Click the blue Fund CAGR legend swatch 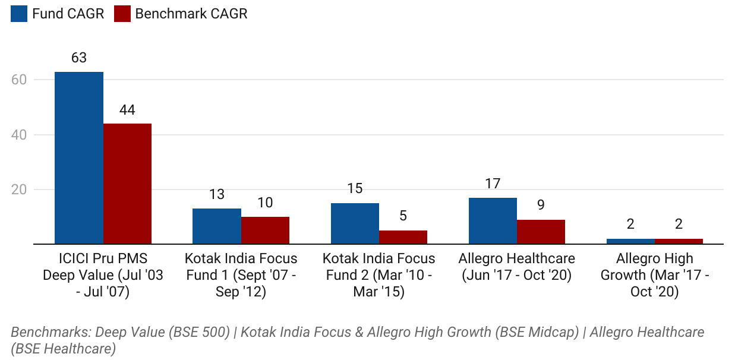tap(19, 14)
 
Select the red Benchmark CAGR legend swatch tap(122, 14)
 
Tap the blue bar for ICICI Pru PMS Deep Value tap(79, 158)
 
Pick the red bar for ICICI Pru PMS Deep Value tap(127, 184)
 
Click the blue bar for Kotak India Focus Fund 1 tap(217, 226)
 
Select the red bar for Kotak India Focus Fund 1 tap(265, 230)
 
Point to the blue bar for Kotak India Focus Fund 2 tap(355, 223)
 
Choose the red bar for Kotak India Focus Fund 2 tap(403, 237)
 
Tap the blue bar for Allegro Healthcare tap(493, 221)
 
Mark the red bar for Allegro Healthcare tap(541, 232)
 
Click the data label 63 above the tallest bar tap(79, 58)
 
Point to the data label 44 tap(127, 109)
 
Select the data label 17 tap(493, 184)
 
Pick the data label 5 tap(403, 216)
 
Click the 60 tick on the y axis tap(20, 80)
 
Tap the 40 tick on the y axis tap(20, 135)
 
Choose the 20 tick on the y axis tap(20, 190)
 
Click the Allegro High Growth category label tap(654, 276)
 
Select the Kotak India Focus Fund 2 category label tap(378, 276)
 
